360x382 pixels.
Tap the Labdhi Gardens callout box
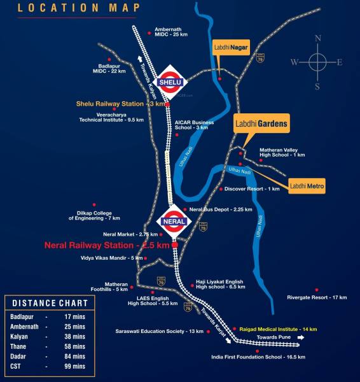(261, 124)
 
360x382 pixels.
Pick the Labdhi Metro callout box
(307, 186)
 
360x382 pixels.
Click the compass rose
(317, 62)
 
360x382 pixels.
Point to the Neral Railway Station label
(107, 244)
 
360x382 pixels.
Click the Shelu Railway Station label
(120, 103)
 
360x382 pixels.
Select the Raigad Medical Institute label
(278, 328)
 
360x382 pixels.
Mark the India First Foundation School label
(258, 357)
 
